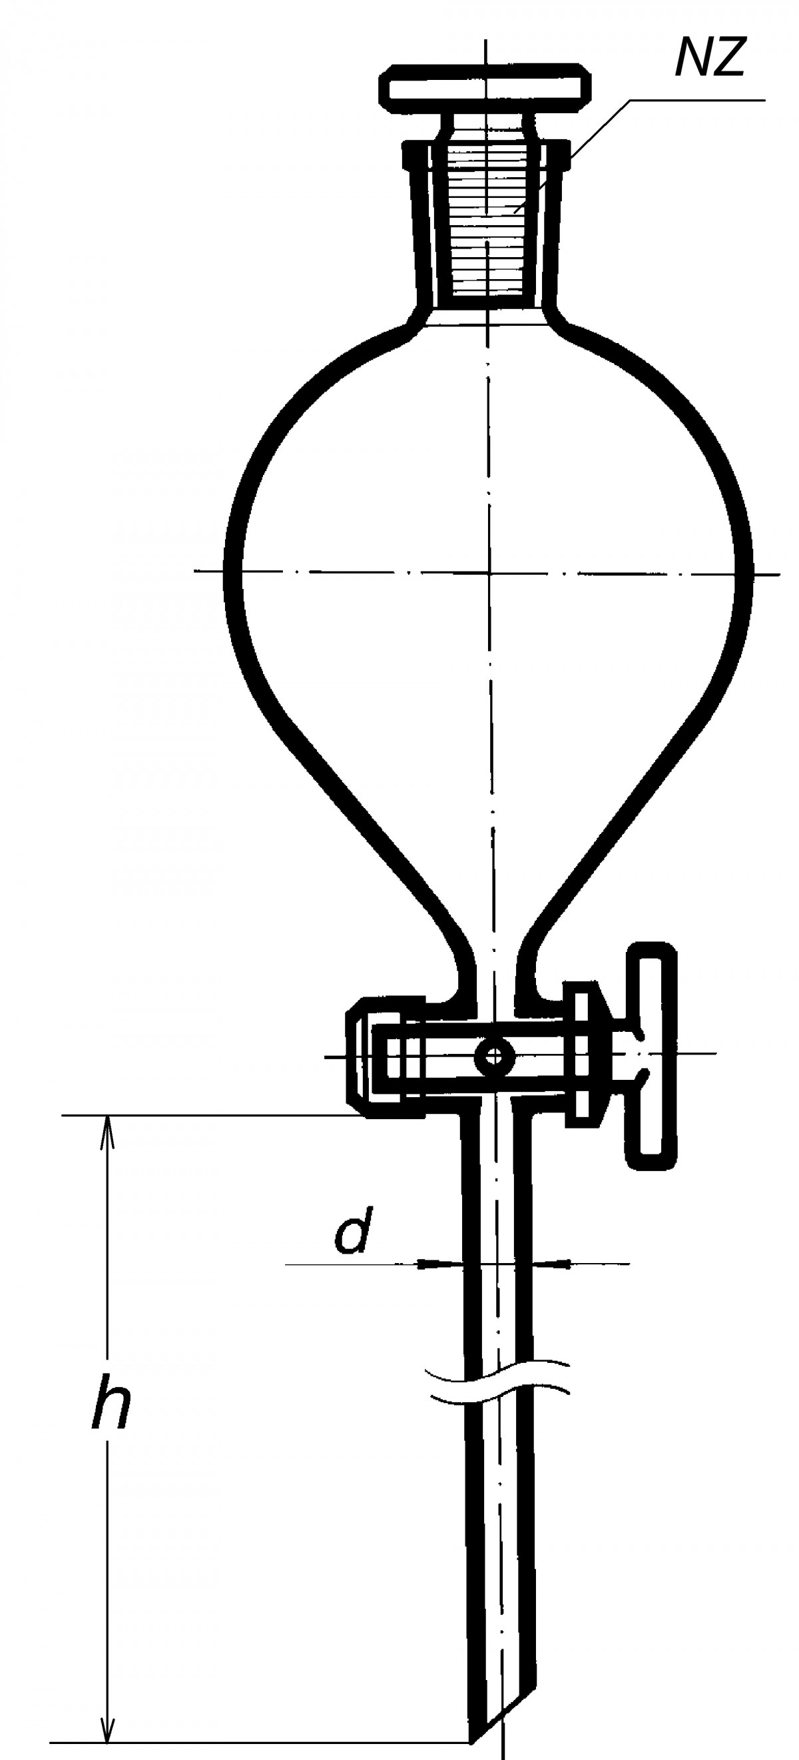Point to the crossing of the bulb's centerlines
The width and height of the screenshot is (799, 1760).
click(489, 571)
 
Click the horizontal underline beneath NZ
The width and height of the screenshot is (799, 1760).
click(696, 101)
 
